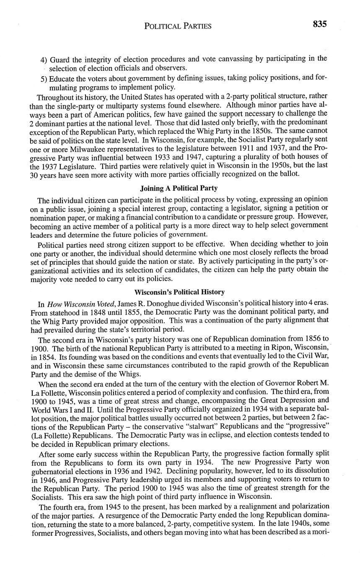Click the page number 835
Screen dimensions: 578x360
point(319,24)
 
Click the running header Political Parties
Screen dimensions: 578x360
point(178,26)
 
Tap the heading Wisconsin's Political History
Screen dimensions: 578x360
point(179,292)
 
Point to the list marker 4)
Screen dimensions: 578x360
point(44,59)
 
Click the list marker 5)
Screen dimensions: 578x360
point(44,78)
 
